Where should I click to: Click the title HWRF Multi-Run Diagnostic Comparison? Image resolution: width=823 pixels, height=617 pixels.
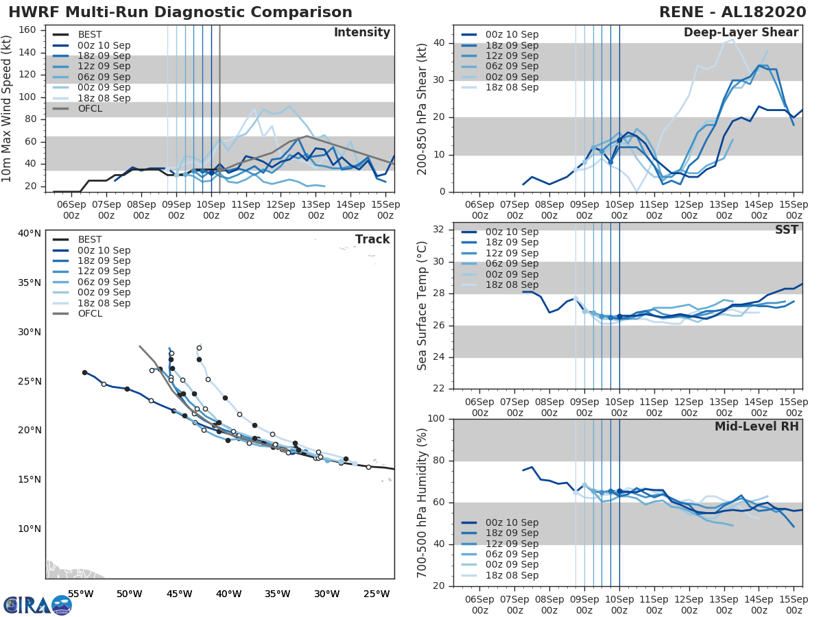tap(180, 12)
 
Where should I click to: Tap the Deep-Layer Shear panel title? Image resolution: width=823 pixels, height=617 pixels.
tap(741, 33)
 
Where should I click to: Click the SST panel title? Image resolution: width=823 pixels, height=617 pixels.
tap(786, 230)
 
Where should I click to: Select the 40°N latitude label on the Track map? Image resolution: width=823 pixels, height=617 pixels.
tap(29, 233)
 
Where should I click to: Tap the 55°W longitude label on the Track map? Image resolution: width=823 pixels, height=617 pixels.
tap(81, 594)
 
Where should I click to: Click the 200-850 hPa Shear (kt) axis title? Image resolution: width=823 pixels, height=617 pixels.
tap(422, 109)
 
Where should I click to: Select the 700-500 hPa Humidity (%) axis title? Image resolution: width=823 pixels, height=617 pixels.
tap(422, 503)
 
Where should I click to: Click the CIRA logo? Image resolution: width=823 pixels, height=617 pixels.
tap(37, 605)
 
